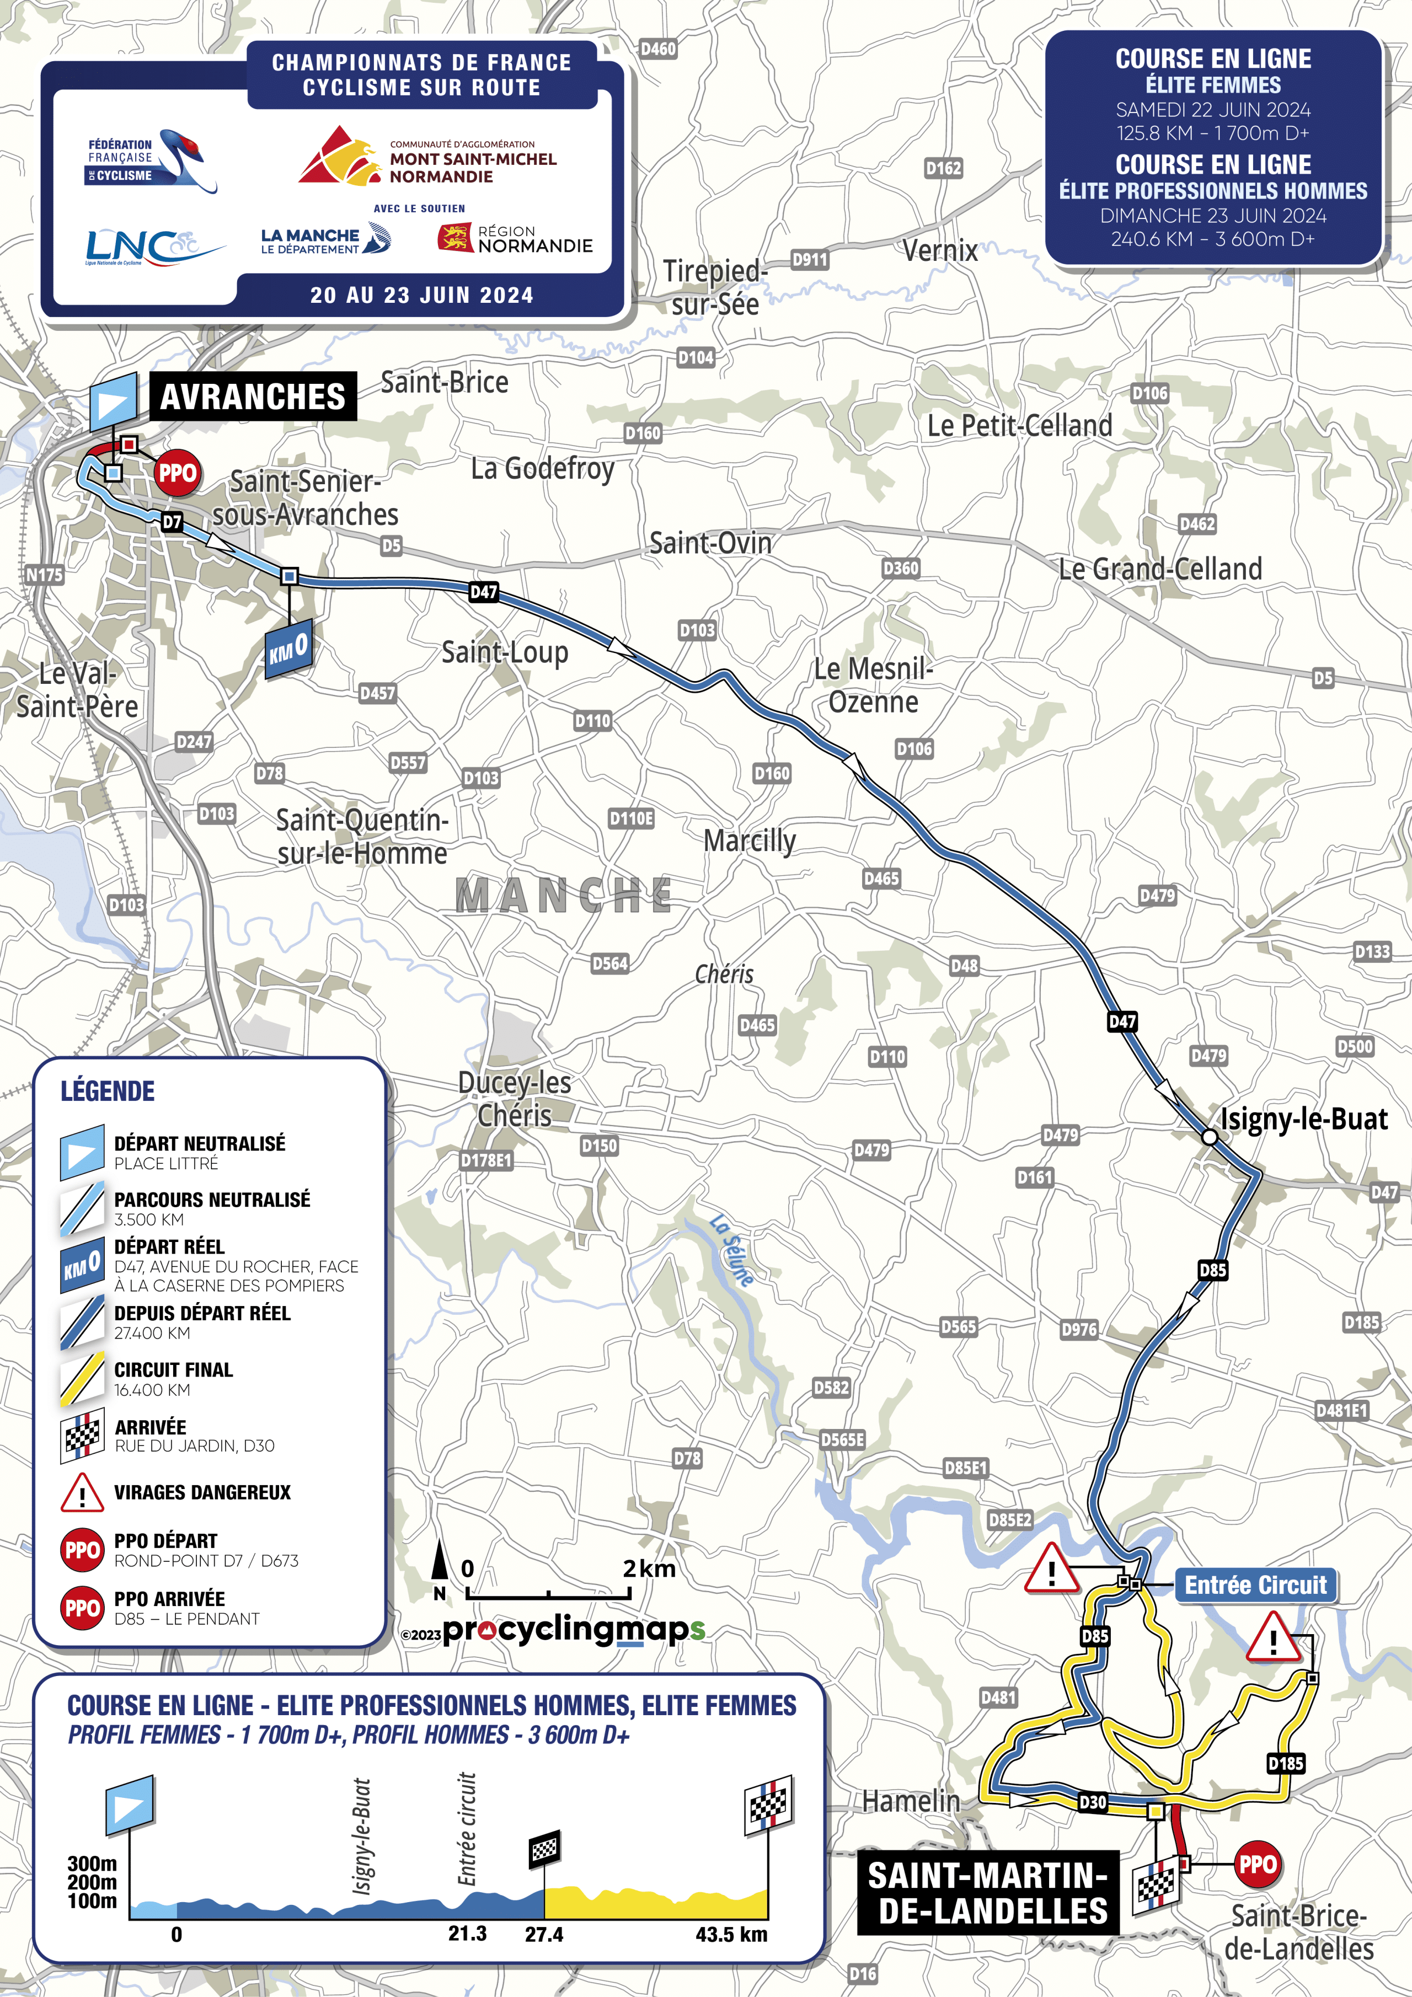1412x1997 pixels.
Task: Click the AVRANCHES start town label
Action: [252, 397]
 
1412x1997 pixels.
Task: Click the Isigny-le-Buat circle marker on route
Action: [1208, 1137]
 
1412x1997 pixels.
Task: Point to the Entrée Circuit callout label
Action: [1255, 1584]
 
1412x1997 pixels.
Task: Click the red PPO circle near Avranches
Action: [178, 473]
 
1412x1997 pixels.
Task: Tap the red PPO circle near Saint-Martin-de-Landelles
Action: [1256, 1864]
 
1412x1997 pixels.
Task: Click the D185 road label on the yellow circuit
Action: [1285, 1763]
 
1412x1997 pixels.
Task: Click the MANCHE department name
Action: [564, 895]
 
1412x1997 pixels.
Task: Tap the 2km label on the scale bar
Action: [649, 1568]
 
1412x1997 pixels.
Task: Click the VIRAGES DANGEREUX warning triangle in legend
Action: [82, 1492]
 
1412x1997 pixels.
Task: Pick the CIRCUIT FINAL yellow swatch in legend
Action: [82, 1379]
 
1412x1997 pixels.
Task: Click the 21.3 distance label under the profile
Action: [467, 1934]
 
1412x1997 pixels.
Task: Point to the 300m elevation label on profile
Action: [92, 1863]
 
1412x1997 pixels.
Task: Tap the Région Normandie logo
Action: [515, 238]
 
